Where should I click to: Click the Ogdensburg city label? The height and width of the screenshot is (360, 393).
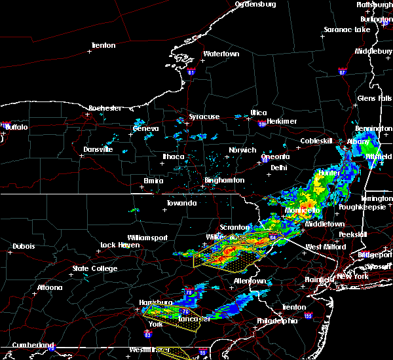click(x=255, y=4)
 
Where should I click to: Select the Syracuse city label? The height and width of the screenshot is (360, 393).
click(x=204, y=117)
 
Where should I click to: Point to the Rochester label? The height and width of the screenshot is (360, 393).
click(x=105, y=108)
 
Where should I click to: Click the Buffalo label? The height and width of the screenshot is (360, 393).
click(x=16, y=127)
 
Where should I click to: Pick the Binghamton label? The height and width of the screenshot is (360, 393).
click(x=224, y=180)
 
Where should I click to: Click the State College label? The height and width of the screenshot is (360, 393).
click(x=95, y=268)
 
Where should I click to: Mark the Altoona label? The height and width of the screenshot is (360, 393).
click(x=49, y=287)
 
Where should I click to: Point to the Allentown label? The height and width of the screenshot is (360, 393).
click(x=250, y=281)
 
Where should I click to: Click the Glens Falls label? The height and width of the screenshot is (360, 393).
click(x=375, y=98)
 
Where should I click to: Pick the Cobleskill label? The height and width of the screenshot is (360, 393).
click(x=316, y=141)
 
